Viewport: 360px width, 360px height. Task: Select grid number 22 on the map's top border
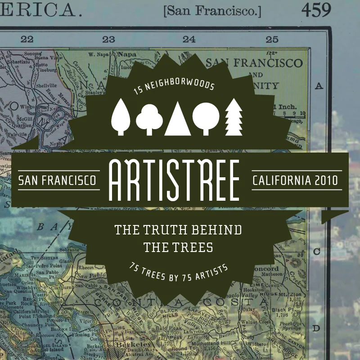(27, 40)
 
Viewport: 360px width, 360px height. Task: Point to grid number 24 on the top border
(189, 40)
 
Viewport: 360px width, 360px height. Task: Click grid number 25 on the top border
(272, 40)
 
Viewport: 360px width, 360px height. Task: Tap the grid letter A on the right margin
(320, 85)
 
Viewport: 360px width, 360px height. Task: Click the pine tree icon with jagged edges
(234, 117)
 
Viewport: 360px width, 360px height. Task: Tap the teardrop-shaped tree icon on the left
(121, 117)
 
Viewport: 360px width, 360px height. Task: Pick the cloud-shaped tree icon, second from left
(149, 118)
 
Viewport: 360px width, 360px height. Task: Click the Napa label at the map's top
(127, 54)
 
